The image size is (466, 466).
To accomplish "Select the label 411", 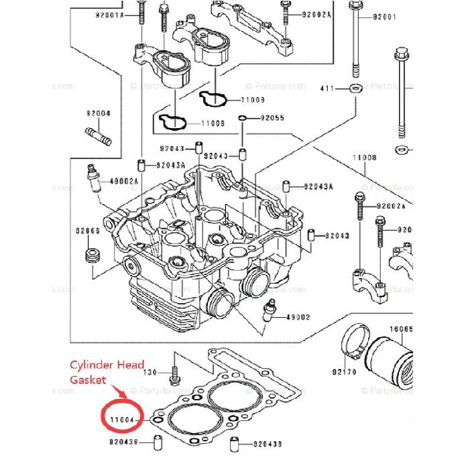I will (327, 88).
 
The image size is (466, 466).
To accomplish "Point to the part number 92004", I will (98, 113).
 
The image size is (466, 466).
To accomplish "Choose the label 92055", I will (272, 118).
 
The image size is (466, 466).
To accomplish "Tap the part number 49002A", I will (123, 181).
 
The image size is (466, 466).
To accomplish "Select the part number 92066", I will (87, 231).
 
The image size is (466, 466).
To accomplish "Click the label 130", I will (151, 371).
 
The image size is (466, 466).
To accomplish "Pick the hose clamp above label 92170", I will (354, 343).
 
